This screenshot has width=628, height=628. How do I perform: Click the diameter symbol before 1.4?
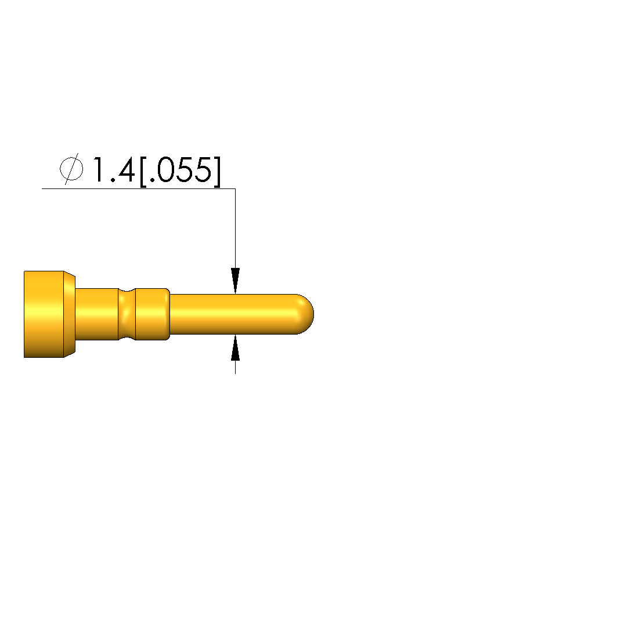71,169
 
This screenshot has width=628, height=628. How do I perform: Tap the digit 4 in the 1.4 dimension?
124,169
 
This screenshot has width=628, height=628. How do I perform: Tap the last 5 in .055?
203,169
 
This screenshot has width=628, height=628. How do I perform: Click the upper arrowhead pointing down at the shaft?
235,281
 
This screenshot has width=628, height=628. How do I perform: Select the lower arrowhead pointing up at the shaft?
235,348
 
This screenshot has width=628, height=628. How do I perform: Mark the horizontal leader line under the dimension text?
138,188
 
